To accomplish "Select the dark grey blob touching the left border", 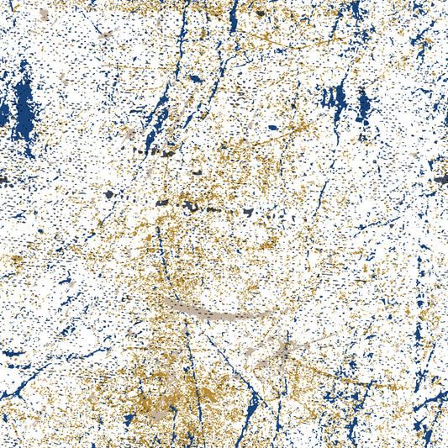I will click(4, 179).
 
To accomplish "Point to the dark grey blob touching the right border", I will click(441, 178).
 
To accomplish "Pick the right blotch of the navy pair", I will click(364, 105).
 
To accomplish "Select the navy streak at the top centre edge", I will click(234, 13).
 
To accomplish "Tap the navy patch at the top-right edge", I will click(357, 10).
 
